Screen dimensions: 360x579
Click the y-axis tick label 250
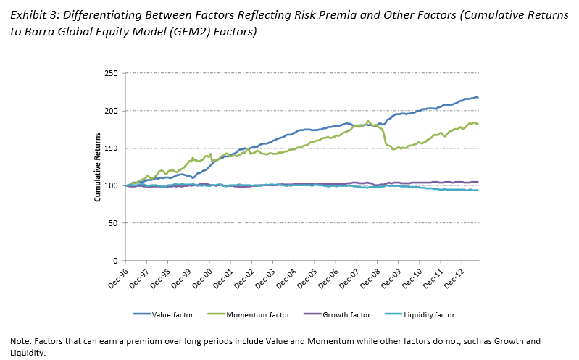pos(112,73)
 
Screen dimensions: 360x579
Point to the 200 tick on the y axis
pos(112,111)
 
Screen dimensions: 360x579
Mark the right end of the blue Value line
pos(478,98)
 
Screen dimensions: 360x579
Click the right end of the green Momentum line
pos(478,124)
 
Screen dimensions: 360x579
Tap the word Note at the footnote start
pos(20,340)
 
